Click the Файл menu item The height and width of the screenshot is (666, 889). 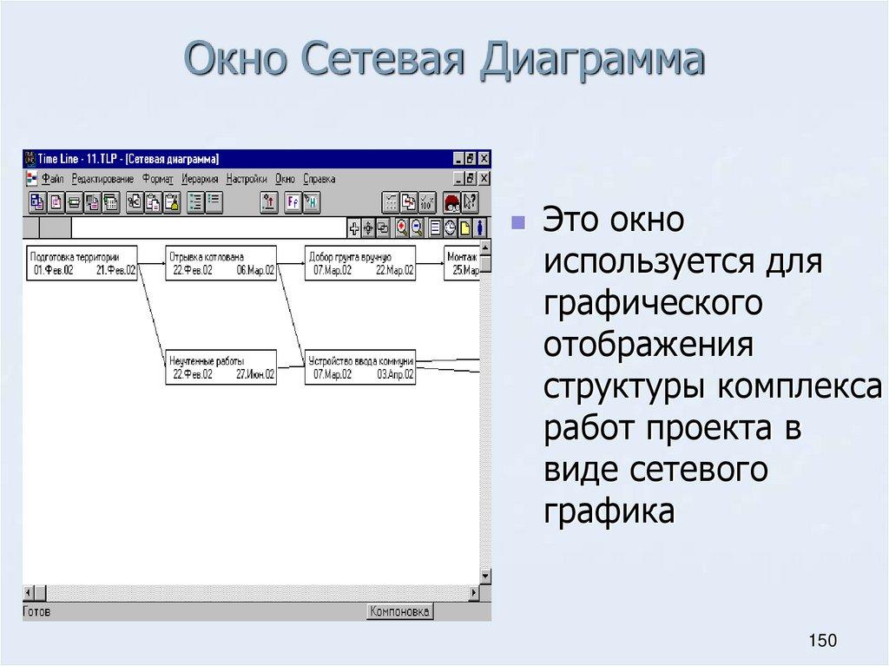52,179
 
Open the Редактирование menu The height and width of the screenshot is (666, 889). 102,179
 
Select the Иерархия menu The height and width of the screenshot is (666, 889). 201,179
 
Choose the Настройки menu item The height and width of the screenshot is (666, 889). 247,179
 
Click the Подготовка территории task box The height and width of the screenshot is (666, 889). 82,263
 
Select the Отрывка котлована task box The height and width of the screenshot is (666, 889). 221,263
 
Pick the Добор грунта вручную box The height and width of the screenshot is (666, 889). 360,263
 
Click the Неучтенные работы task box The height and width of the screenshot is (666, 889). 221,367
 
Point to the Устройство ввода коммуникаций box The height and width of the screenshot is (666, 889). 360,367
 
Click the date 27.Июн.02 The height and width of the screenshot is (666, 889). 255,375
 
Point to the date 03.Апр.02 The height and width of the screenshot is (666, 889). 395,375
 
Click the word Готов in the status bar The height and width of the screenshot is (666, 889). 37,611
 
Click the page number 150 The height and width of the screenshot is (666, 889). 821,641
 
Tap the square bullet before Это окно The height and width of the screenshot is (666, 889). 518,223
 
